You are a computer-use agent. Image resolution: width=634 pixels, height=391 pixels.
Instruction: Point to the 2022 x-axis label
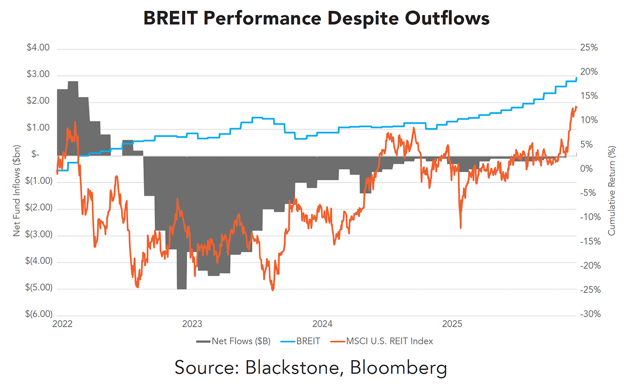coord(62,324)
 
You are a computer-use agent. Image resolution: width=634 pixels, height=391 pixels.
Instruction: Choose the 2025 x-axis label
coord(452,324)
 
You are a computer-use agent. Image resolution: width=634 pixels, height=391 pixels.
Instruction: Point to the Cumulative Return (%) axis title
coord(612,189)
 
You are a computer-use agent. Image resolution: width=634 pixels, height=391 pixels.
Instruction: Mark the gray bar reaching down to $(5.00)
coord(182,272)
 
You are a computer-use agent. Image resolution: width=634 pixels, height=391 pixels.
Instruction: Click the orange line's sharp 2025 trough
coord(461,227)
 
